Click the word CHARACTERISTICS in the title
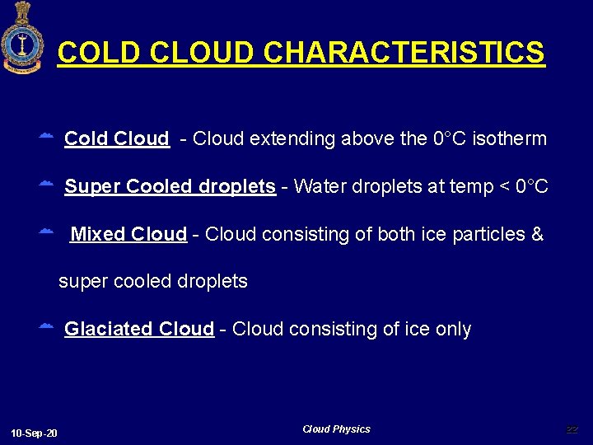click(404, 53)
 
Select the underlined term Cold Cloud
click(116, 138)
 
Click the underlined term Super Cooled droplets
click(170, 186)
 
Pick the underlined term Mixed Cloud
click(128, 234)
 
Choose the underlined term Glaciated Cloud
click(139, 329)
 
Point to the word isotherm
click(511, 138)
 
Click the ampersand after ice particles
click(538, 234)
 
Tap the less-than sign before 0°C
click(502, 186)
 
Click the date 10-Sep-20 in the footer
click(35, 433)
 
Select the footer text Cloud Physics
click(336, 429)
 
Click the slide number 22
click(572, 429)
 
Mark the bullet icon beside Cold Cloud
click(47, 136)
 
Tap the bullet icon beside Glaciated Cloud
click(47, 327)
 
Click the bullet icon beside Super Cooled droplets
click(47, 185)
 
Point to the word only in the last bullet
click(453, 329)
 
